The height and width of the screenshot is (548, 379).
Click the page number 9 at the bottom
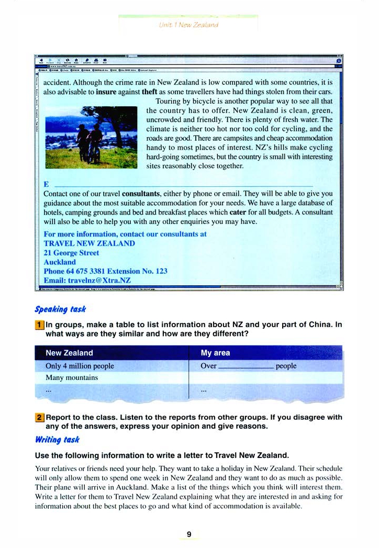coord(189,534)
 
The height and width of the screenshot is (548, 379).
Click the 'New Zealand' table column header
coord(69,353)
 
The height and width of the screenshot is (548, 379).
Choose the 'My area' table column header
coord(215,353)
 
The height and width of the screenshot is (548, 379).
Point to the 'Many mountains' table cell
coord(72,377)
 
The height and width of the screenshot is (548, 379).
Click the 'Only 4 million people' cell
coord(80,366)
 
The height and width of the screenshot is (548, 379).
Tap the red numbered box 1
coord(39,325)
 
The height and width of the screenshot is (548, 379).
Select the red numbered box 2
coord(39,418)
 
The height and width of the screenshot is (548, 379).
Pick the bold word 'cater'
coord(238,212)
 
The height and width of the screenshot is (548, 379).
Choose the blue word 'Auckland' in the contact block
coord(60,262)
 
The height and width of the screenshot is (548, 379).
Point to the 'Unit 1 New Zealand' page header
coord(189,25)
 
